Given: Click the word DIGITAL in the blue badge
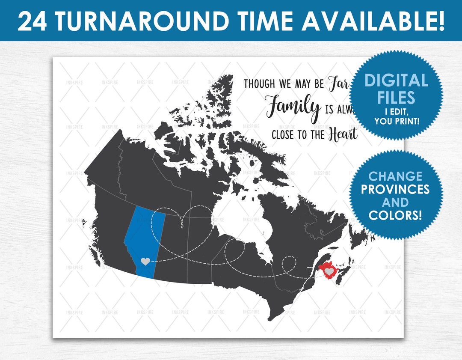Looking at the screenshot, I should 396,81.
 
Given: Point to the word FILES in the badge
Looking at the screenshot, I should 396,98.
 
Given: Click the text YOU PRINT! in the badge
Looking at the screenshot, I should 396,121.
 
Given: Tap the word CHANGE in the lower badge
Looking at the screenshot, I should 395,176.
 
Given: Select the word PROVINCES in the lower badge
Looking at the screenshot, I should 395,189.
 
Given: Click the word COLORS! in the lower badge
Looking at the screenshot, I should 395,215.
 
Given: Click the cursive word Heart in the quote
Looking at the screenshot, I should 342,134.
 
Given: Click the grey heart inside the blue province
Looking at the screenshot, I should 145,261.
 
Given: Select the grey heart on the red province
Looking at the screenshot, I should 329,271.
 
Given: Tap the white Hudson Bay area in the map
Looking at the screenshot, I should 240,223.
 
